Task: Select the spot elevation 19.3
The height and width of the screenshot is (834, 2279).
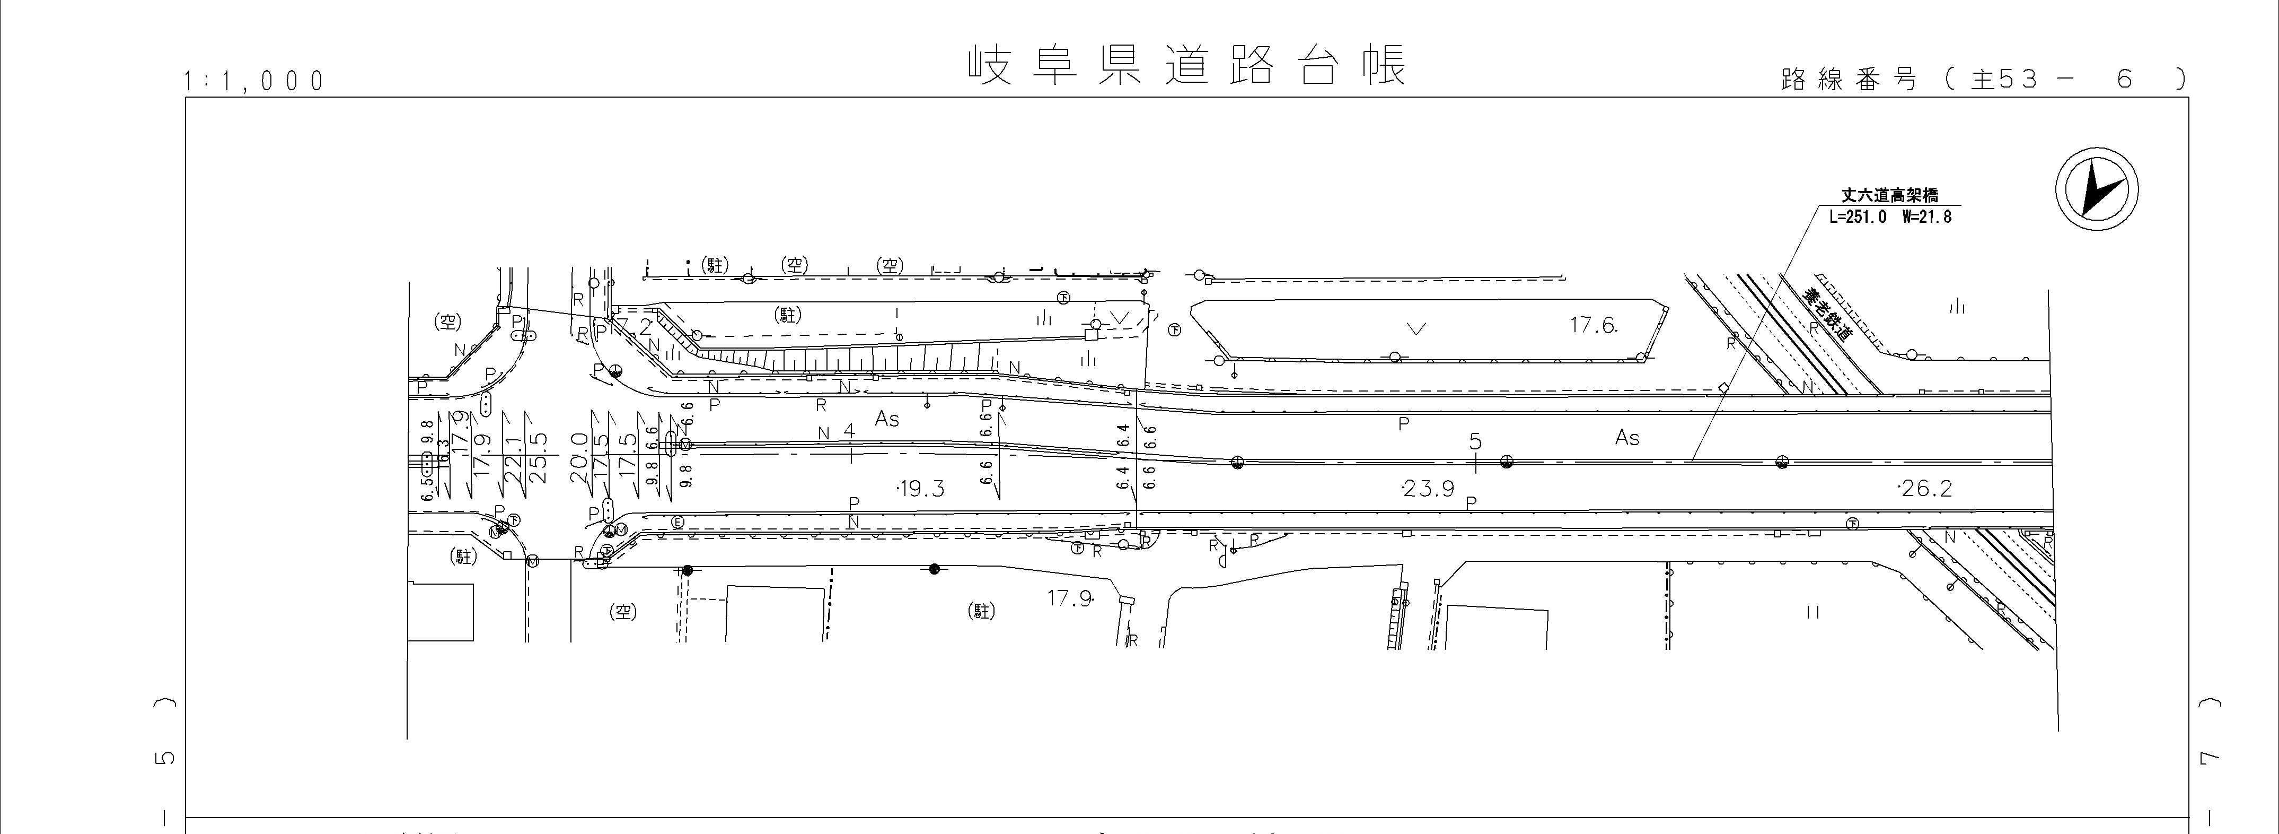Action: click(x=920, y=489)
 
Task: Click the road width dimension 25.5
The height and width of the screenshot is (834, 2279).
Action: click(x=539, y=457)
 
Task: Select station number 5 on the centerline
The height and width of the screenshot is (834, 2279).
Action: click(x=1475, y=441)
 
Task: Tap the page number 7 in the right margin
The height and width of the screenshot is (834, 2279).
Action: click(x=2228, y=758)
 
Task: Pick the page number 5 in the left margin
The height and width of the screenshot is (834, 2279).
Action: click(x=165, y=758)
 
